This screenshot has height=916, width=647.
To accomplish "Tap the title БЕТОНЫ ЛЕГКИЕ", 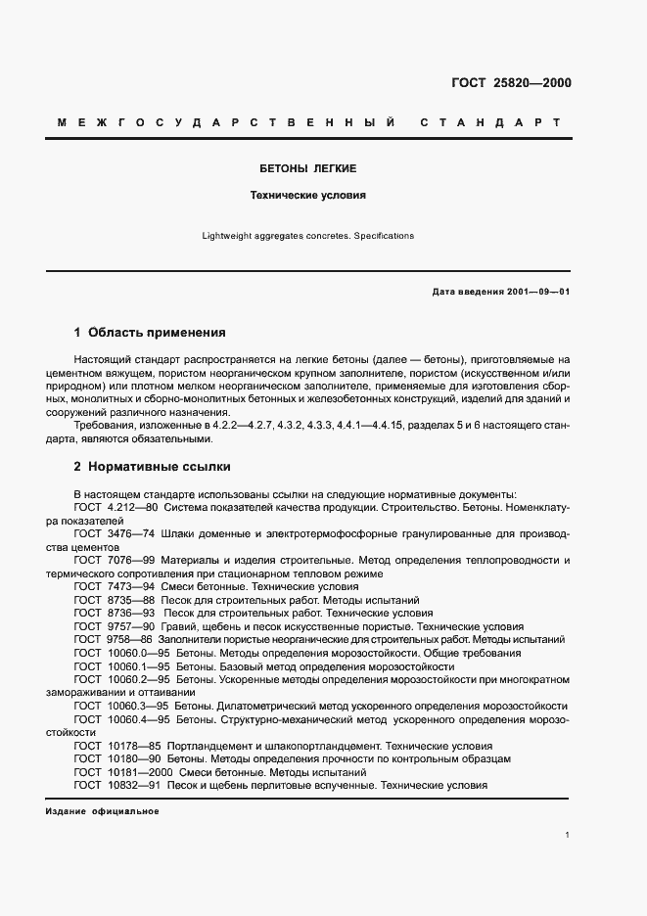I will coord(307,168).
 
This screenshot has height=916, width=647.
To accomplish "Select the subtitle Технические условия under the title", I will coord(307,195).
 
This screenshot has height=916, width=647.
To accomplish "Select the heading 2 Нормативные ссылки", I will coord(152,466).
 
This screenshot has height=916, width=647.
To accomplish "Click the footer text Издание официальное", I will coord(102,812).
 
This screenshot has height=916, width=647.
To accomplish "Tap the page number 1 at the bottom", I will coord(568,835).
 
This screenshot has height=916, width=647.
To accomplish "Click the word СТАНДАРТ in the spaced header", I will coord(489,122).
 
